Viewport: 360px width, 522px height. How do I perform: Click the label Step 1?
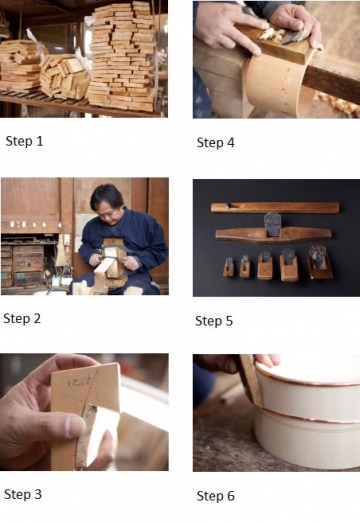coord(24,141)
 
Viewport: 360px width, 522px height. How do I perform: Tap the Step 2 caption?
coord(22,319)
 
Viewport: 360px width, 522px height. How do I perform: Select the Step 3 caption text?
coord(23,494)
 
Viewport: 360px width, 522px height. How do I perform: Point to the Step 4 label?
coord(216,143)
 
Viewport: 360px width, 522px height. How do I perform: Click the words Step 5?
coord(214,321)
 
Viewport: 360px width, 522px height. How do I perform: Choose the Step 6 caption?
coord(216,496)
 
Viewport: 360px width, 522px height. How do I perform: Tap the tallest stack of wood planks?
coord(122,57)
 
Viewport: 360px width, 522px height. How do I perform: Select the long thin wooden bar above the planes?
coord(275,207)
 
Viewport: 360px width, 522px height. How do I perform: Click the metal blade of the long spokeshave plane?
coord(273,224)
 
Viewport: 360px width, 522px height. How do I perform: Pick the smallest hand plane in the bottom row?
coord(229,267)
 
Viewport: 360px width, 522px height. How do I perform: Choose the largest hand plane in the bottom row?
coord(319,262)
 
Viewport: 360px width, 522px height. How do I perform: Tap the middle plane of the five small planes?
coord(265,265)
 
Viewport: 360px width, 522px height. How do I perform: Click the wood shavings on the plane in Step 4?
coord(274,34)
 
